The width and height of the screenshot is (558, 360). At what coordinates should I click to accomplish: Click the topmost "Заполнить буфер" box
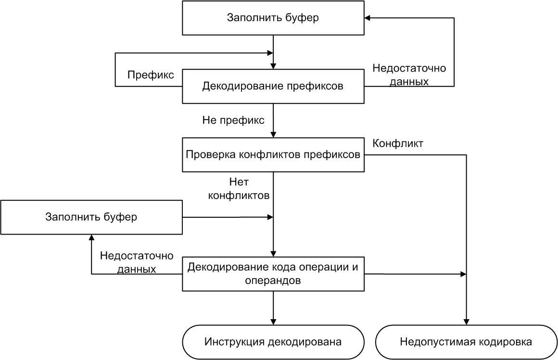click(273, 18)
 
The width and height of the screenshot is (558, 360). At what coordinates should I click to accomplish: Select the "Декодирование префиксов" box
click(273, 87)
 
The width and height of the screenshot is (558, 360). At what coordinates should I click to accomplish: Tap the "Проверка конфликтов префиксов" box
click(273, 155)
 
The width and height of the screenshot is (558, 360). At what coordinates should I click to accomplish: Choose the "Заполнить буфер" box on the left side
click(91, 217)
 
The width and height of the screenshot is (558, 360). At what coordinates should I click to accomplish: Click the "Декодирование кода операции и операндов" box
click(273, 274)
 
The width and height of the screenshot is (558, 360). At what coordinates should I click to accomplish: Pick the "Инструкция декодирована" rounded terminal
click(273, 342)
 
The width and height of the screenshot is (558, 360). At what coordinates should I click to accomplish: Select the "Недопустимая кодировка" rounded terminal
click(466, 342)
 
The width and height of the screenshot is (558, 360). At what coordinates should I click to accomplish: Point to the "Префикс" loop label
click(151, 75)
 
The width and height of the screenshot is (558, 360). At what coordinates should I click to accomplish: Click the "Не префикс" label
click(233, 121)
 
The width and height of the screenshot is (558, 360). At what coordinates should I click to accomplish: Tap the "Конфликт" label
click(398, 143)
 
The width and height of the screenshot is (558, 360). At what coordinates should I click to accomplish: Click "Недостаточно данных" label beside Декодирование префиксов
click(409, 75)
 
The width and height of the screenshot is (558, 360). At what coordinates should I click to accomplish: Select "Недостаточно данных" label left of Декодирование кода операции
click(137, 262)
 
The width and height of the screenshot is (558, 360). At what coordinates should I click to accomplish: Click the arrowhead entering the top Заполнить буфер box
click(368, 18)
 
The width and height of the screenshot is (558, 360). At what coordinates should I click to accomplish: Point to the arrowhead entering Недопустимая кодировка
click(466, 322)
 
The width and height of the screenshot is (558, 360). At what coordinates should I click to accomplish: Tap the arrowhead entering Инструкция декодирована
click(273, 322)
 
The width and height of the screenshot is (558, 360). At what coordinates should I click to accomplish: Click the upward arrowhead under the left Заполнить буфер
click(91, 238)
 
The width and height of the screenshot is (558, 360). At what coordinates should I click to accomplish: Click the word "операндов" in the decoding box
click(273, 280)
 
